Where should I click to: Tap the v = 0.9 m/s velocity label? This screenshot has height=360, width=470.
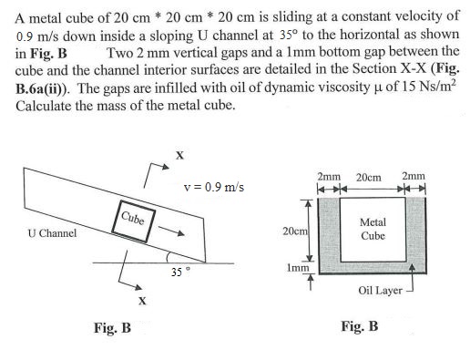point(214,189)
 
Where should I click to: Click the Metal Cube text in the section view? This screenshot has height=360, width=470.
point(373,228)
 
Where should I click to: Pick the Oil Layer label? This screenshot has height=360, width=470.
point(379,292)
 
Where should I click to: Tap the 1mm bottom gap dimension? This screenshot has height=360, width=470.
point(294,270)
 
